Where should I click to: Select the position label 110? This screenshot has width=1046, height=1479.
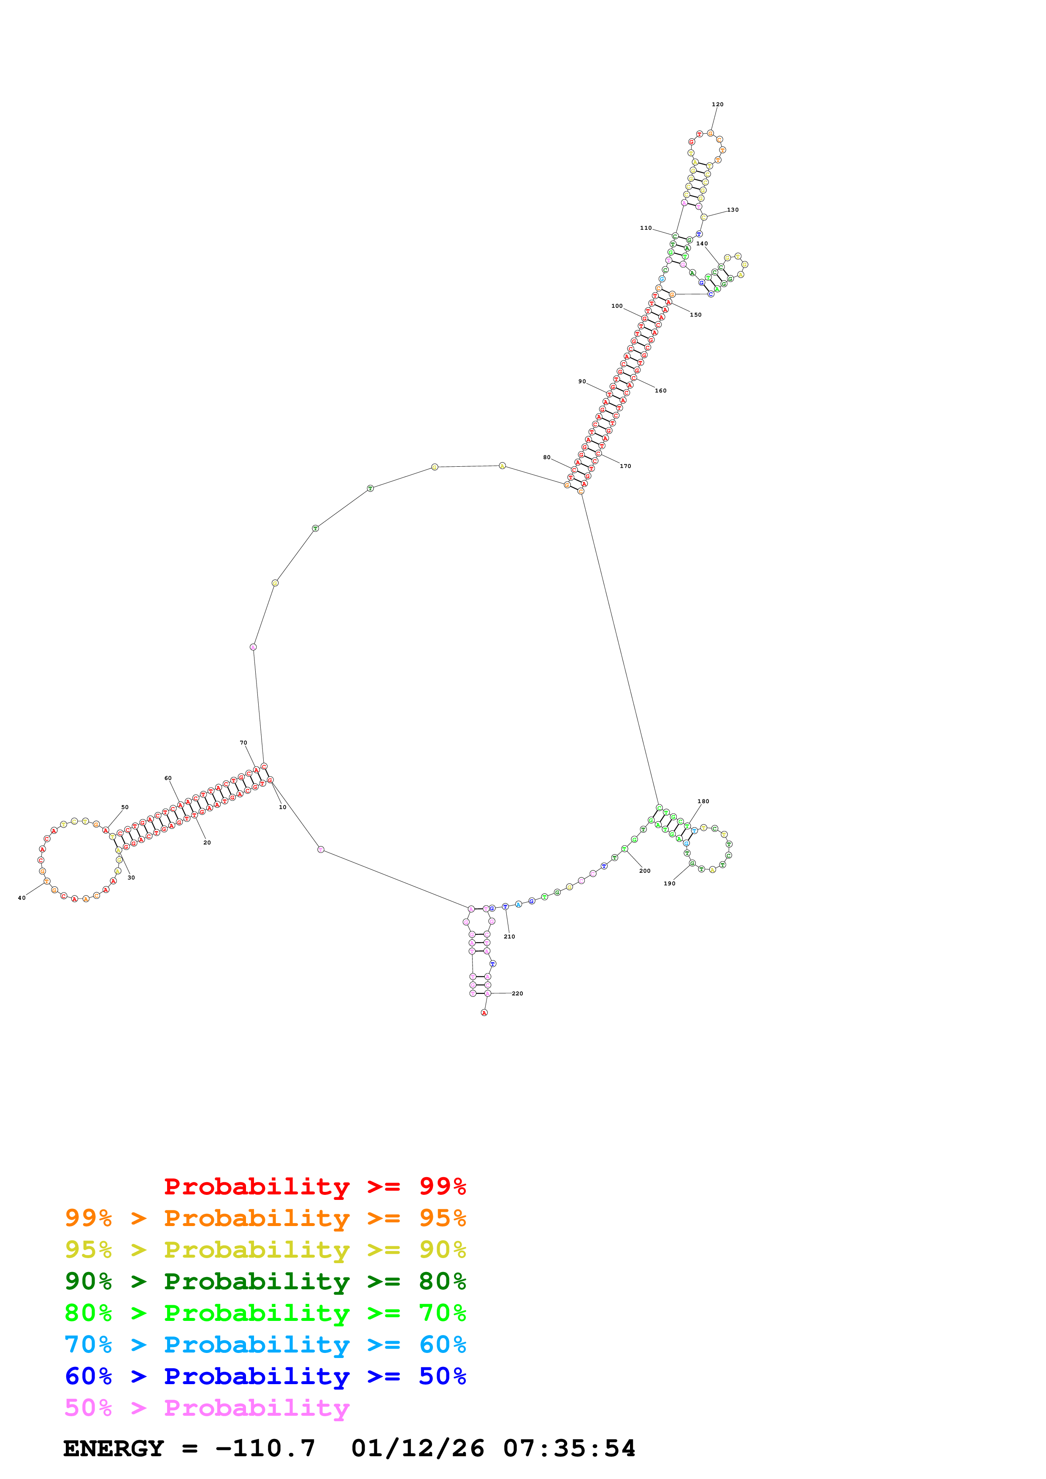click(645, 228)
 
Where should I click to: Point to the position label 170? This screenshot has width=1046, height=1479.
click(625, 466)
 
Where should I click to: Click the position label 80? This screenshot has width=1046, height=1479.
click(546, 458)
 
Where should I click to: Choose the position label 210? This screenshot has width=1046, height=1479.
click(509, 937)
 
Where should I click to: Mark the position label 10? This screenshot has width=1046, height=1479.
click(282, 807)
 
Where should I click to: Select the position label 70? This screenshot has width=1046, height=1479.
click(243, 743)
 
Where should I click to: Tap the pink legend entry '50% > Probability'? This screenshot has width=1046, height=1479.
click(207, 1408)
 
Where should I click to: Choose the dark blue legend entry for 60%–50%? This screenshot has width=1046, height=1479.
click(265, 1377)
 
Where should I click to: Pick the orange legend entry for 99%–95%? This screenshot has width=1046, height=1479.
click(265, 1218)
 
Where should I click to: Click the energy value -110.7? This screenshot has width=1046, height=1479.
click(265, 1449)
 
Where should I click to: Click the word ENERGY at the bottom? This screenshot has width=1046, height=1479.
click(114, 1449)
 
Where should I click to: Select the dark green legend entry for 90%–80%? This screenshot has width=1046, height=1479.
click(265, 1281)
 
